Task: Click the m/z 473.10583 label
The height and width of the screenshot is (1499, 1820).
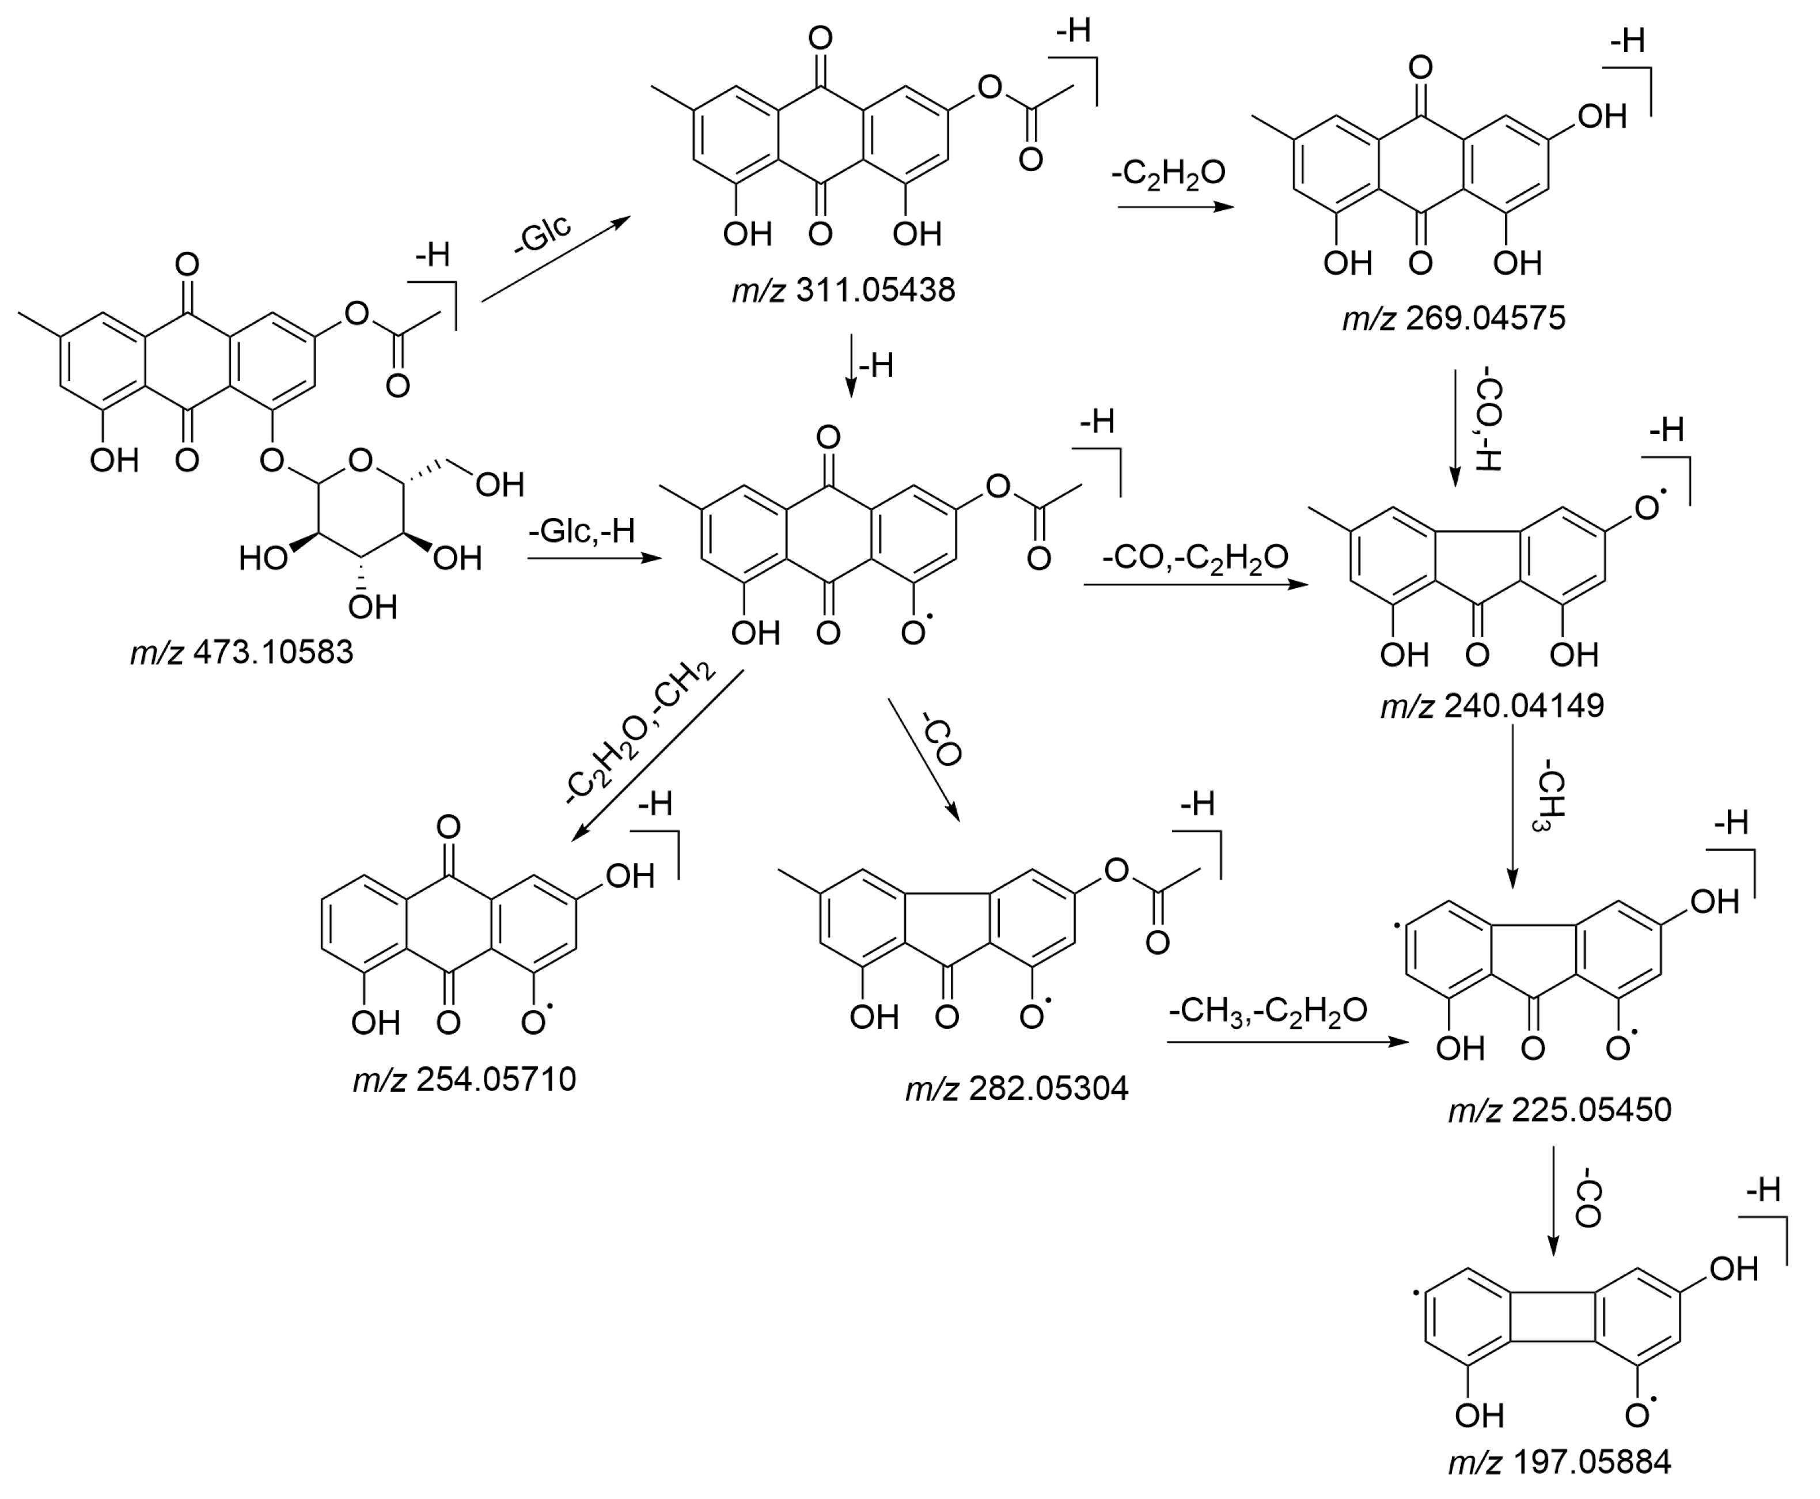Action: (242, 653)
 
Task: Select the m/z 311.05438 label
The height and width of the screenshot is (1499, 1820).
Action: (844, 290)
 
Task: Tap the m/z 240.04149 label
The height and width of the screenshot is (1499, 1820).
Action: (1492, 706)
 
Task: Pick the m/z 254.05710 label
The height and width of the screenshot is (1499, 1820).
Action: (464, 1080)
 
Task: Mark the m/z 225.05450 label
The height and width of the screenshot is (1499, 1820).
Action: (1559, 1110)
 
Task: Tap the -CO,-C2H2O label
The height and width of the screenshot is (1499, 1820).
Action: (1195, 557)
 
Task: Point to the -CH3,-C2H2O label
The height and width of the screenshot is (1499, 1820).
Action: (1268, 1010)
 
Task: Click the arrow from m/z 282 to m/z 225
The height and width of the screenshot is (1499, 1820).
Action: (1287, 1042)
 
